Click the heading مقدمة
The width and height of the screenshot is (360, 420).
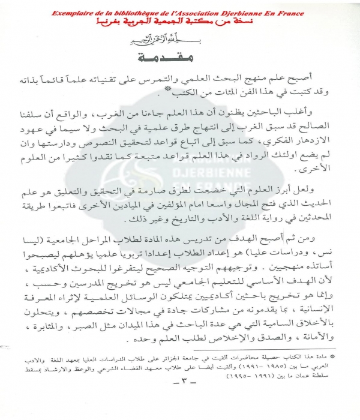[x=180, y=59]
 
